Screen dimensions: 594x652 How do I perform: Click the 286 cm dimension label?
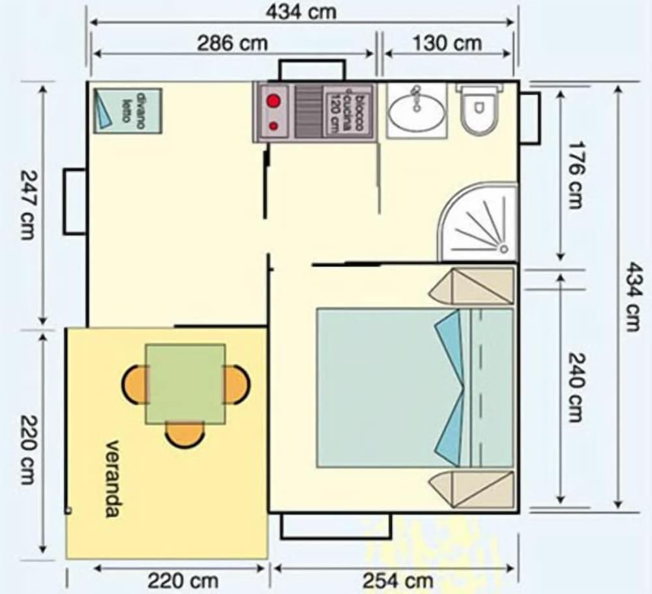233,44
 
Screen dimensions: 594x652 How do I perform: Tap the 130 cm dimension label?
447,44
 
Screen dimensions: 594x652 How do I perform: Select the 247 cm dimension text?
27,205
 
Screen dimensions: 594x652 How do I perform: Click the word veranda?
112,479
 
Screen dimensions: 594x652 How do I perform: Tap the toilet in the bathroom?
479,111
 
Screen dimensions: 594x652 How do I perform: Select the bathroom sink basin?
417,111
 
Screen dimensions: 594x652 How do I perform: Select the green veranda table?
185,383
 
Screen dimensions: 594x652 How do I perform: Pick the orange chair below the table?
185,434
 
